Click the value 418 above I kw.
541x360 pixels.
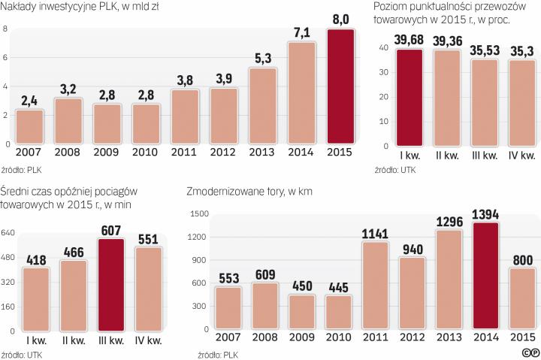point(37,260)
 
